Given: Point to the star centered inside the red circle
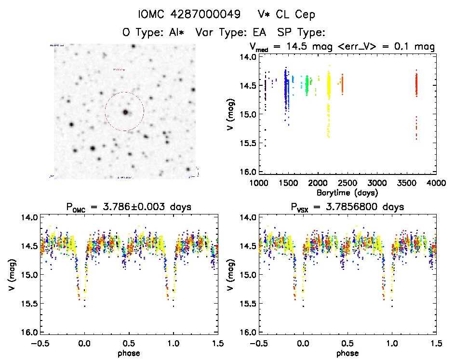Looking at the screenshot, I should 125,112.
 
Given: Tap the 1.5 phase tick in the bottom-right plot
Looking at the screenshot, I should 436,343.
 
